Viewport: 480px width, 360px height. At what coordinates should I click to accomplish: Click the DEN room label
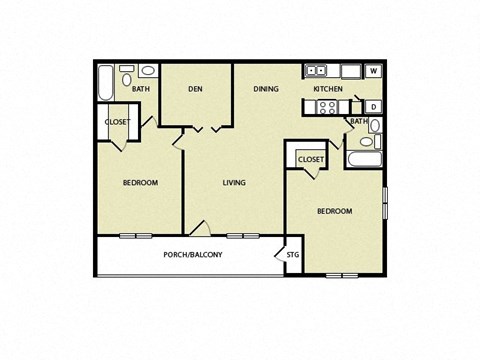pyautogui.click(x=196, y=89)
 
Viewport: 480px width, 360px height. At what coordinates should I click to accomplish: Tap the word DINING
pyautogui.click(x=266, y=89)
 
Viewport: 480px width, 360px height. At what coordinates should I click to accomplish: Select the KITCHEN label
pyautogui.click(x=328, y=89)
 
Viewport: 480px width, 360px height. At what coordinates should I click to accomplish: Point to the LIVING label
pyautogui.click(x=234, y=182)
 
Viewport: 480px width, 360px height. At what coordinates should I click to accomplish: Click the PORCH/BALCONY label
pyautogui.click(x=192, y=255)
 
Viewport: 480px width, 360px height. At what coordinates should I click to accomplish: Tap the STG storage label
pyautogui.click(x=292, y=256)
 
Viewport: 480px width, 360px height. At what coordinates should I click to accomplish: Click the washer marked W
pyautogui.click(x=373, y=71)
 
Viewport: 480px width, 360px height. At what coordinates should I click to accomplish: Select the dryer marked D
pyautogui.click(x=373, y=106)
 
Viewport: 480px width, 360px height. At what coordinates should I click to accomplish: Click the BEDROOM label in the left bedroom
pyautogui.click(x=141, y=182)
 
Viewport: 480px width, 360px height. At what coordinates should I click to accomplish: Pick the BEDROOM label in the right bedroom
pyautogui.click(x=335, y=211)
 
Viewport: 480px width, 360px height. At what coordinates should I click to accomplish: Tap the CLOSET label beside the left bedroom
pyautogui.click(x=117, y=122)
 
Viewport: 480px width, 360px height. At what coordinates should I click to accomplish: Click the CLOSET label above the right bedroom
pyautogui.click(x=310, y=159)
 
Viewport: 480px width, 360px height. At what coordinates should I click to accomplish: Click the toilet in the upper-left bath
pyautogui.click(x=147, y=72)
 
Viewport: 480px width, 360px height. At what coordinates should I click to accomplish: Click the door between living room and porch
pyautogui.click(x=200, y=229)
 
